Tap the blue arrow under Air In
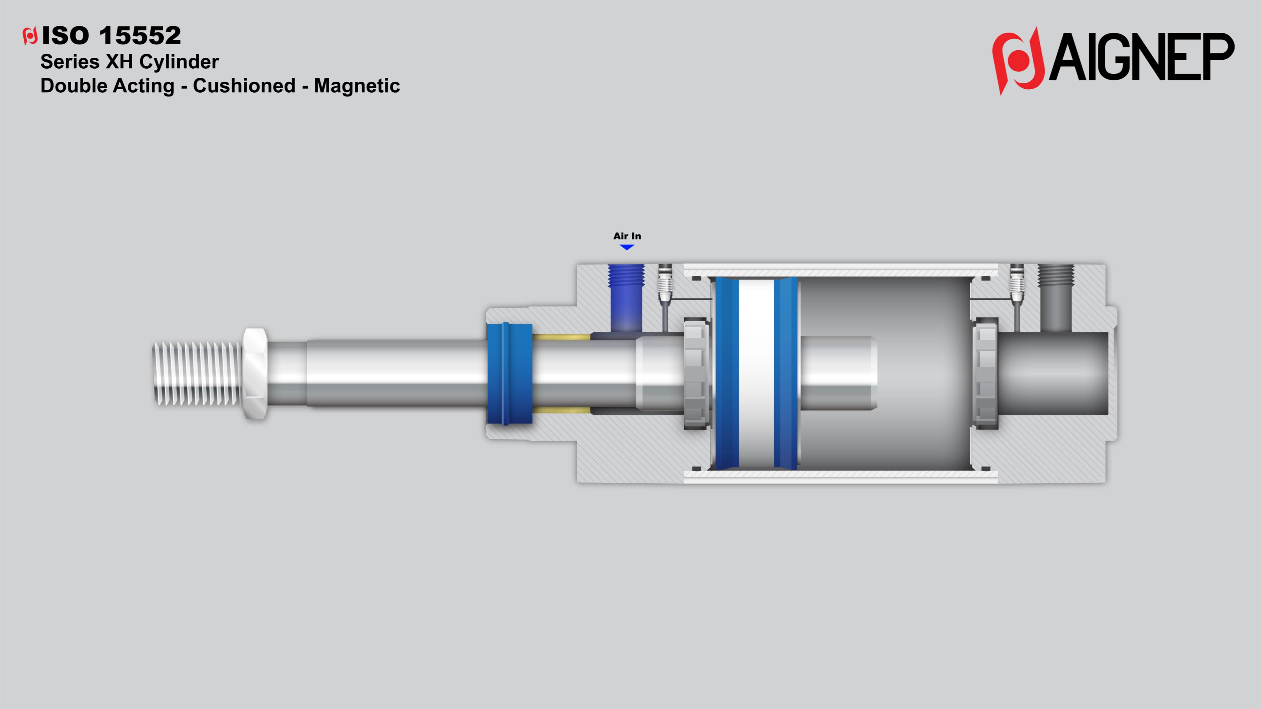627,247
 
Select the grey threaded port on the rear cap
1056,284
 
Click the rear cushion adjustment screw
1017,284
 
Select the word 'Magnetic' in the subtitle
357,86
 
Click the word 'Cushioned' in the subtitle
244,86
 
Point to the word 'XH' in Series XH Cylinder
120,62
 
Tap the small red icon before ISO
30,36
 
